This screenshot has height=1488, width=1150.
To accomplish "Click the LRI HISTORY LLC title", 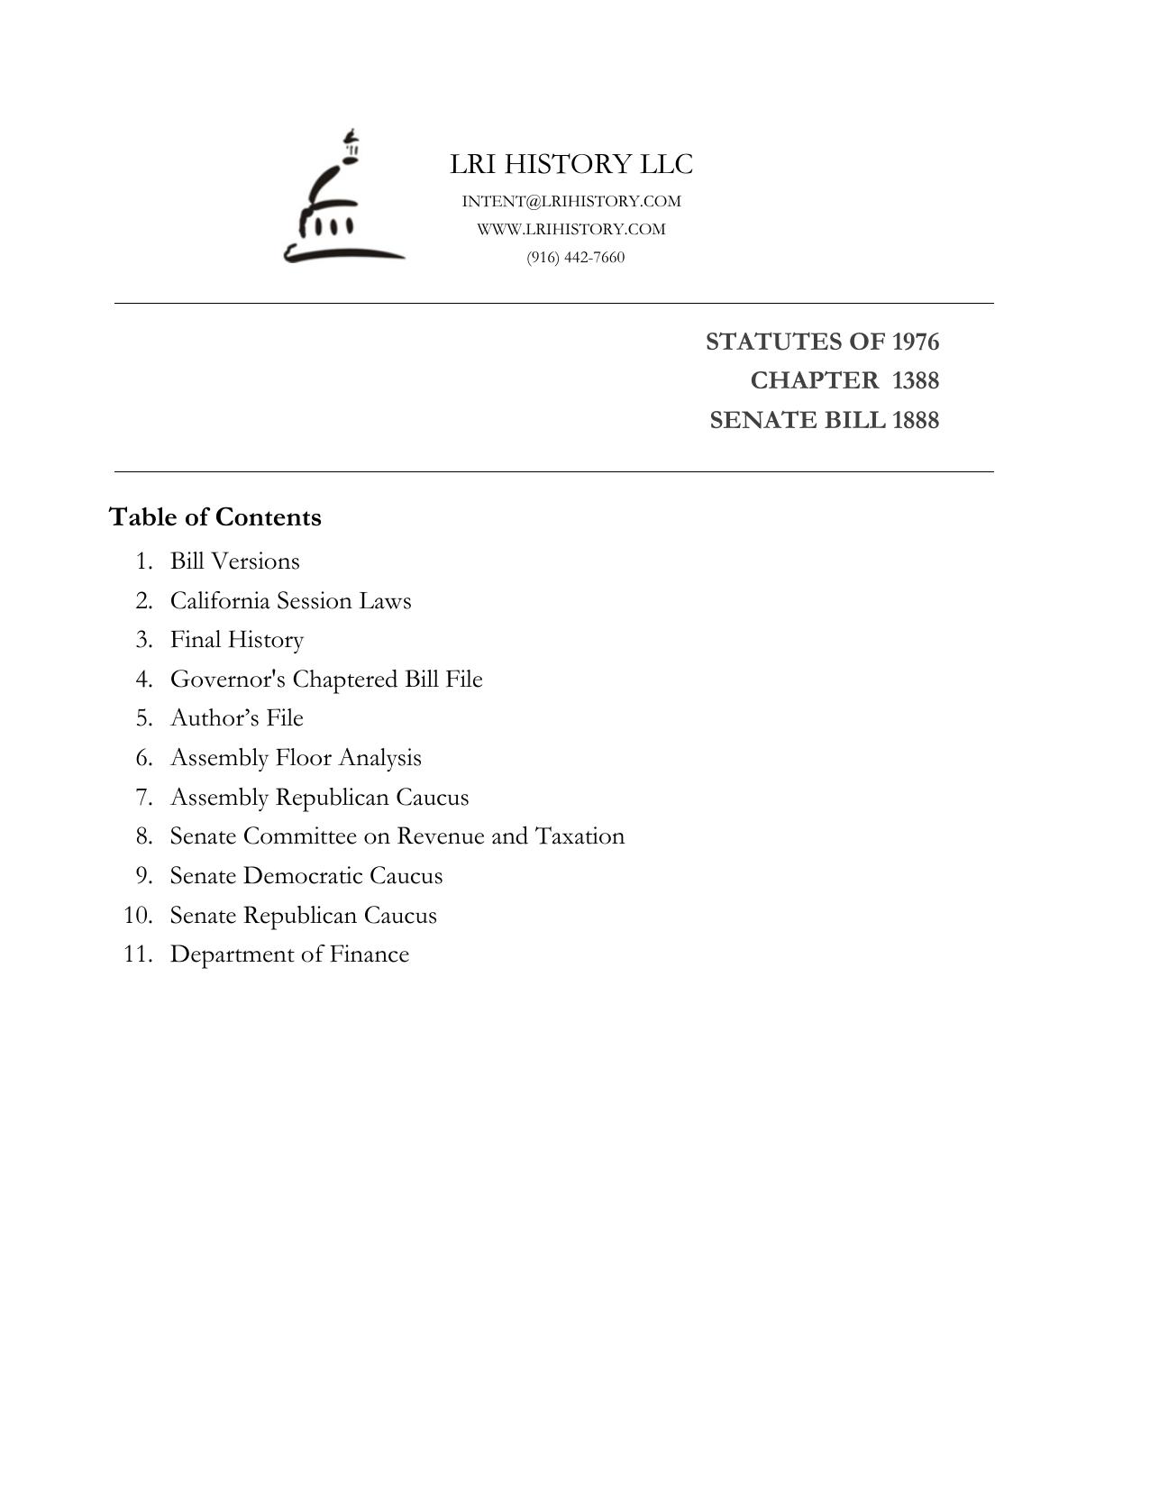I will [x=571, y=164].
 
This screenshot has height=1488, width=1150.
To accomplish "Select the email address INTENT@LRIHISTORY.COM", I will [x=571, y=201].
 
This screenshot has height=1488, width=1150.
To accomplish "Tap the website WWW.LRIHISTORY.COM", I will [x=571, y=229].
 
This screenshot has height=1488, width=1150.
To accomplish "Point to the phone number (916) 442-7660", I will [x=576, y=257].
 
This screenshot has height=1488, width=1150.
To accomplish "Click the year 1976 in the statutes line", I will [x=916, y=342].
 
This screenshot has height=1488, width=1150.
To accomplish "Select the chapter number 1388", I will [x=916, y=380].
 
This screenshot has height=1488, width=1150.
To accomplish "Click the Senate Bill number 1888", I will [x=916, y=420].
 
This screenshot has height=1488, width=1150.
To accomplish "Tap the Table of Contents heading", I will [x=215, y=517].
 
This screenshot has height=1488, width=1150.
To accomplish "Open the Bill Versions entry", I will [x=234, y=561].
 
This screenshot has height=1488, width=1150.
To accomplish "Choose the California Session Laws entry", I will [x=290, y=600].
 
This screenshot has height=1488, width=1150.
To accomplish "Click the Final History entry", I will [x=237, y=640].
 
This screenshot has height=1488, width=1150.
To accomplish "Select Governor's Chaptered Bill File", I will [x=326, y=679].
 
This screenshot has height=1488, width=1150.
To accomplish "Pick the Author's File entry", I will [x=237, y=718].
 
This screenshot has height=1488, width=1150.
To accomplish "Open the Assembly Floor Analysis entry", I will [x=296, y=758].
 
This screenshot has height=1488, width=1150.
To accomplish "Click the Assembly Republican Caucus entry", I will [x=319, y=798].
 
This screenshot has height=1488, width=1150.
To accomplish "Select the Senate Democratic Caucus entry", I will [x=306, y=876].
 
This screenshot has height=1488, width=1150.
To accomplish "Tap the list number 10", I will [x=138, y=916].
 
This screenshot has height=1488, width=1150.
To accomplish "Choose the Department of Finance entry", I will [x=289, y=954].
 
